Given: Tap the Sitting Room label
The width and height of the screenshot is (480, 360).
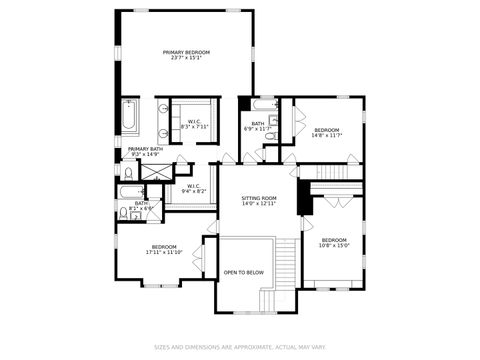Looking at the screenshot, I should click(258, 201).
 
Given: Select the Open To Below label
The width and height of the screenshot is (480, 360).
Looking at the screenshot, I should click(243, 272).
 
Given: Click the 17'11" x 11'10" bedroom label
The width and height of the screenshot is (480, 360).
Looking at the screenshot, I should click(164, 249).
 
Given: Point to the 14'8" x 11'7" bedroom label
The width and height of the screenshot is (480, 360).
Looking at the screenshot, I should click(327, 133).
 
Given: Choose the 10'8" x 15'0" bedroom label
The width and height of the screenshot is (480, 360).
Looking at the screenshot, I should click(334, 242).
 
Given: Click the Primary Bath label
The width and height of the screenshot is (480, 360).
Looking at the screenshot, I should click(143, 151).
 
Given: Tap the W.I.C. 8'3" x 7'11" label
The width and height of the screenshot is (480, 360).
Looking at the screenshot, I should click(195, 124).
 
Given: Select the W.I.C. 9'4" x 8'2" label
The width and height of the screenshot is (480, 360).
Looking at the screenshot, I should click(195, 188).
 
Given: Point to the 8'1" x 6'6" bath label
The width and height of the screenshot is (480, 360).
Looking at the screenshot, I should click(141, 205).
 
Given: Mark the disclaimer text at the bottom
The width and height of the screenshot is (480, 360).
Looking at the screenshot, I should click(240, 348).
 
